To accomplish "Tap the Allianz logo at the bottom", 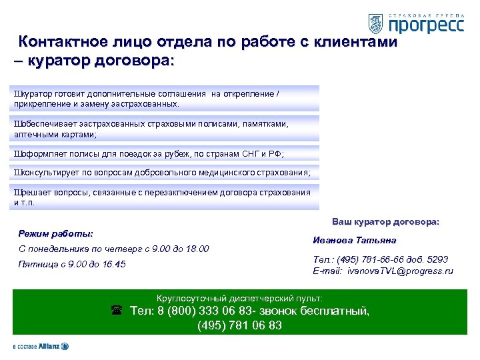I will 40,347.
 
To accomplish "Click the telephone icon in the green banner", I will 116,311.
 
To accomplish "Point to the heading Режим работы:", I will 55,234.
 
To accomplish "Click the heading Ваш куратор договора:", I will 385,221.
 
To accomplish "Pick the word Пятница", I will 39,265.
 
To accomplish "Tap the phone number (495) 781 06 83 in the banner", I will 239,325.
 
